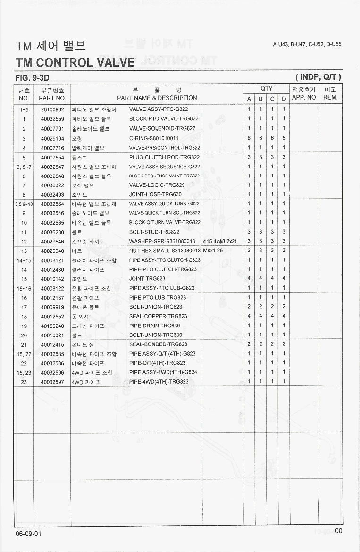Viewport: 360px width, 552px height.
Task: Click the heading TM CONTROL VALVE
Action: (x=75, y=62)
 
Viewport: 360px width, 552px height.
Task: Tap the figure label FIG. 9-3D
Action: (x=32, y=77)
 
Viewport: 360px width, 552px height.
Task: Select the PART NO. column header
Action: (x=52, y=98)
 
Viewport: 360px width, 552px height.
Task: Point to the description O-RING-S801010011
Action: (x=154, y=138)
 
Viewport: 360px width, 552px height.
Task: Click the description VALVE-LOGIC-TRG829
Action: (x=157, y=185)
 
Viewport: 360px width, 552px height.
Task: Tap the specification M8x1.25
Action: (x=213, y=251)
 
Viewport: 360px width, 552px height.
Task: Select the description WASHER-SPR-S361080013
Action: (x=162, y=242)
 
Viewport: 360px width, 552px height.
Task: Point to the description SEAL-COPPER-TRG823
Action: (x=158, y=317)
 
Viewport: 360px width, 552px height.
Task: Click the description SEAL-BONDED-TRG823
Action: (x=159, y=344)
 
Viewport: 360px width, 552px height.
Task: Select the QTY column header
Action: (x=267, y=89)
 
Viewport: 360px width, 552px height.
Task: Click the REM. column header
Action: (x=330, y=98)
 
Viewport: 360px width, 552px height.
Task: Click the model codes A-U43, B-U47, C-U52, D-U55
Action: (x=307, y=44)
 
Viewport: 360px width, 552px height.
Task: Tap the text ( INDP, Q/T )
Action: (x=318, y=77)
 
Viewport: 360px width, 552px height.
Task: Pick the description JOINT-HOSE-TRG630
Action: (x=155, y=194)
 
